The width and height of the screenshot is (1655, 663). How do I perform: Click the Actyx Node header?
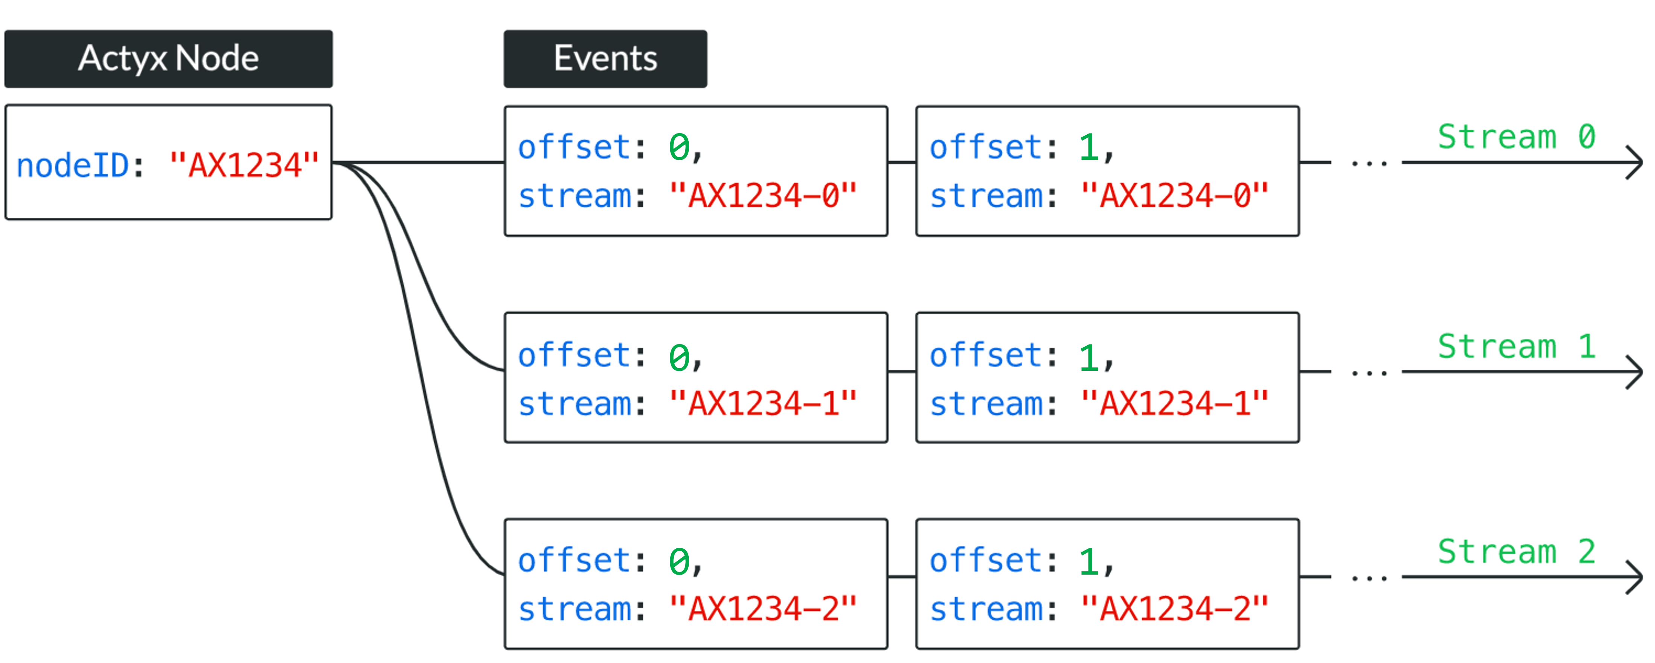pyautogui.click(x=169, y=58)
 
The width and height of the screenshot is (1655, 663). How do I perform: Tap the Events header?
pyautogui.click(x=605, y=58)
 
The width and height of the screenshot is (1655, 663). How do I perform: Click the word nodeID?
pyautogui.click(x=73, y=166)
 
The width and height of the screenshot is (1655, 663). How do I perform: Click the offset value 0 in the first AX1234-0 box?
pyautogui.click(x=679, y=148)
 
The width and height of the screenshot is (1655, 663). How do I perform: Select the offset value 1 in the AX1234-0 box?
pyautogui.click(x=1088, y=148)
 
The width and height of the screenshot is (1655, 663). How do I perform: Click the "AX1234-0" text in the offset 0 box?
pyautogui.click(x=762, y=196)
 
